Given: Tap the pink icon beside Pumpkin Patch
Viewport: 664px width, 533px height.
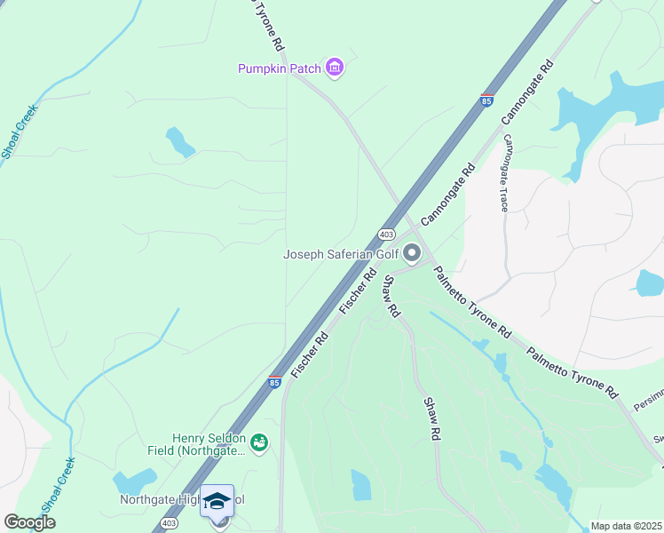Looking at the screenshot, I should [x=334, y=68].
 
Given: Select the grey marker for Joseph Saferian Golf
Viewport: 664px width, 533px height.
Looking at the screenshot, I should [x=412, y=254].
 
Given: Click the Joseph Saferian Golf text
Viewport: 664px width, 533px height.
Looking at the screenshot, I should [x=340, y=255].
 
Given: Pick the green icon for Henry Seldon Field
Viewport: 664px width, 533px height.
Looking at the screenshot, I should [x=259, y=442].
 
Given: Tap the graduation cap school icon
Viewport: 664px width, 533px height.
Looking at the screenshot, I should [x=217, y=502].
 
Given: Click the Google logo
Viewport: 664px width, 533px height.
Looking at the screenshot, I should [x=29, y=522].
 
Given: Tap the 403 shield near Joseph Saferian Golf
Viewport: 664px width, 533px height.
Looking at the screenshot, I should [x=385, y=234].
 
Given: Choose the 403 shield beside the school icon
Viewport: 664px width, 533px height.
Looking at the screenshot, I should [x=169, y=523].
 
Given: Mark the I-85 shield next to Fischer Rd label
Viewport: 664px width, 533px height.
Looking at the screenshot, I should [x=275, y=382].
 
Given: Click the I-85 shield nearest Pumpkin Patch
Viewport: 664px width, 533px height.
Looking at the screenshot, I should [x=486, y=100].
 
